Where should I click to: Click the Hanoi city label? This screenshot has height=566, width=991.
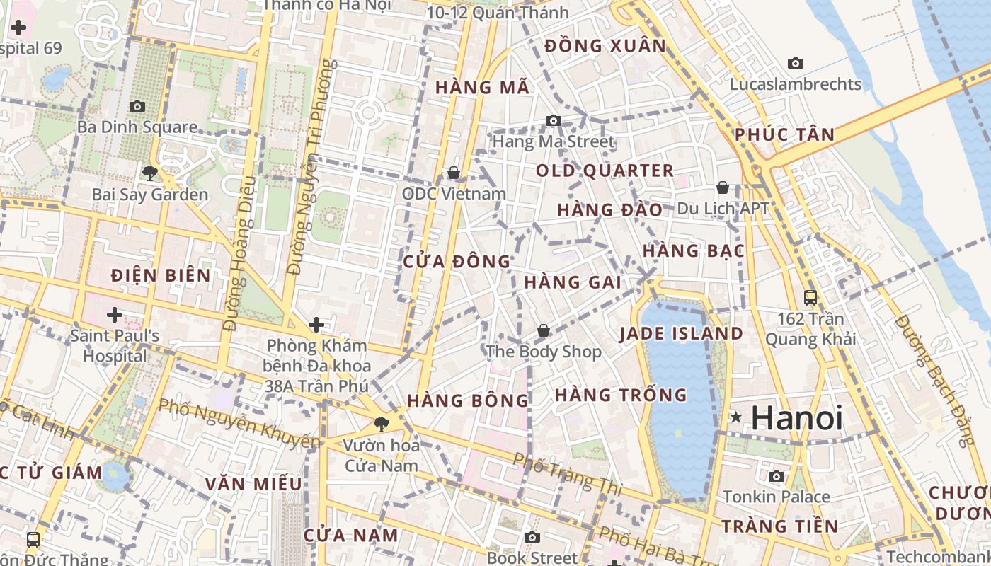click(x=796, y=417)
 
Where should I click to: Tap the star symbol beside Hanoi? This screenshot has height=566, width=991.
click(x=736, y=417)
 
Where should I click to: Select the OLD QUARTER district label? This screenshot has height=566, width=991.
click(x=605, y=171)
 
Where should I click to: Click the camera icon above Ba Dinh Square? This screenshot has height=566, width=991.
click(x=137, y=106)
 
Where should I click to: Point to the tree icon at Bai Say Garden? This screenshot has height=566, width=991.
click(x=149, y=173)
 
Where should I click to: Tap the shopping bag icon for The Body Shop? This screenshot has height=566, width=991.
click(x=543, y=330)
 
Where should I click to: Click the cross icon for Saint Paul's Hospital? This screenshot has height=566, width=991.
click(x=114, y=314)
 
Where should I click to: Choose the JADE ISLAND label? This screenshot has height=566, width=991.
click(x=681, y=334)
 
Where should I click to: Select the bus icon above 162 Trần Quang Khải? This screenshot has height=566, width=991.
click(x=810, y=298)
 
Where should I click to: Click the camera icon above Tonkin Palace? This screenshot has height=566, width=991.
click(x=777, y=476)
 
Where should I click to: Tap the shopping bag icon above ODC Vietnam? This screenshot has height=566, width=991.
click(x=454, y=173)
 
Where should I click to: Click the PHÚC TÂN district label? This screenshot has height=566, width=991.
click(x=784, y=134)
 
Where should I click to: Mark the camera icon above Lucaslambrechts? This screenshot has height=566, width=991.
click(x=796, y=63)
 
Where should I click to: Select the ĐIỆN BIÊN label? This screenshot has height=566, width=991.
click(x=161, y=275)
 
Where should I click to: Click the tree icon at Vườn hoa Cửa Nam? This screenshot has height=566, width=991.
click(x=382, y=424)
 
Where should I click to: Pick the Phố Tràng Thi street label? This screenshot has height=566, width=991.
click(x=567, y=473)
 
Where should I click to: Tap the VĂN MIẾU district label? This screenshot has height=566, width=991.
click(x=253, y=484)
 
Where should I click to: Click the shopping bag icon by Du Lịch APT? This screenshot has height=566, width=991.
click(x=722, y=187)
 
